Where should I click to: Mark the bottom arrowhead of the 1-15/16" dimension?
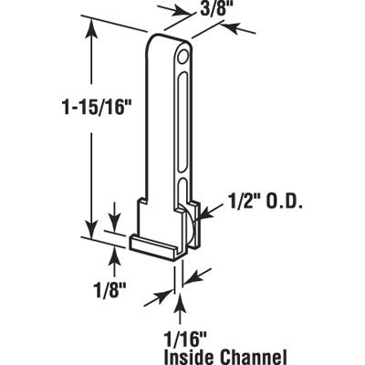coord(89,230)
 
